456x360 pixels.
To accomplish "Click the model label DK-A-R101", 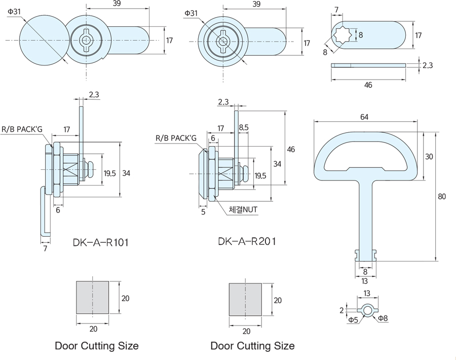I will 101,242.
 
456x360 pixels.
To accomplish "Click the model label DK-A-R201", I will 247,241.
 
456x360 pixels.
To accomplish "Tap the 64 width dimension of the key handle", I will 364,117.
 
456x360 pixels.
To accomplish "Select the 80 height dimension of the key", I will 441,196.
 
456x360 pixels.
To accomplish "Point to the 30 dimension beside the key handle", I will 429,157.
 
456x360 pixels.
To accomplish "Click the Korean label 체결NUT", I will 243,209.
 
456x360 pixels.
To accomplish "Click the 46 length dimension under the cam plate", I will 368,85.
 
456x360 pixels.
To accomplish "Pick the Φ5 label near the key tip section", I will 353,319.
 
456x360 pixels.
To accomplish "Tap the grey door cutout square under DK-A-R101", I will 93,297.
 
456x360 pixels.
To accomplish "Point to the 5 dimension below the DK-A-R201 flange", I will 203,212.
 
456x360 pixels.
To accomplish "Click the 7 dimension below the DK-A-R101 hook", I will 45,248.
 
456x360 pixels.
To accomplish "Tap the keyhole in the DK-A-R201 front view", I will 222,42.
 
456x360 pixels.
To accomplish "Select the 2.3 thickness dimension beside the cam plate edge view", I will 428,65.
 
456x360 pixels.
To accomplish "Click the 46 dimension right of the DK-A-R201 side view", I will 291,150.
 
